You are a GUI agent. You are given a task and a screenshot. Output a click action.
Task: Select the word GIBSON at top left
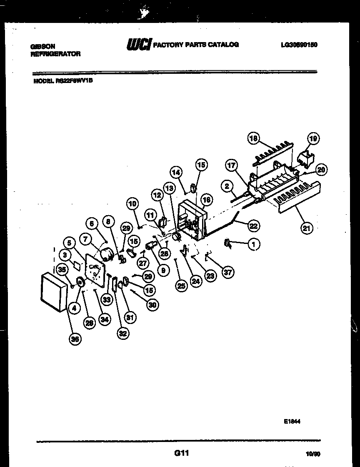pos(42,47)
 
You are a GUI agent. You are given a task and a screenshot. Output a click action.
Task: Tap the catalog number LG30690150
pos(299,45)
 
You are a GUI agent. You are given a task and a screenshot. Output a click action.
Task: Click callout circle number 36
pos(75,339)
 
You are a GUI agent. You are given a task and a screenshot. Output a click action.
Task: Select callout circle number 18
pos(253,138)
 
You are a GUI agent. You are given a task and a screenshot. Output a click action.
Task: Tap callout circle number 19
pos(313,138)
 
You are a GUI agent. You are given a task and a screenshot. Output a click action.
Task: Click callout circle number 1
pos(253,245)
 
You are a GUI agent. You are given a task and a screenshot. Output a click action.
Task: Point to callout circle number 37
pos(227,272)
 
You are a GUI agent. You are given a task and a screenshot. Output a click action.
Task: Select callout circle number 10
pos(132,204)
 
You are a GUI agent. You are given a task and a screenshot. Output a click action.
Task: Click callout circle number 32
pos(122,333)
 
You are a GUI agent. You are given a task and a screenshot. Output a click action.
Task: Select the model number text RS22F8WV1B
pos(74,82)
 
